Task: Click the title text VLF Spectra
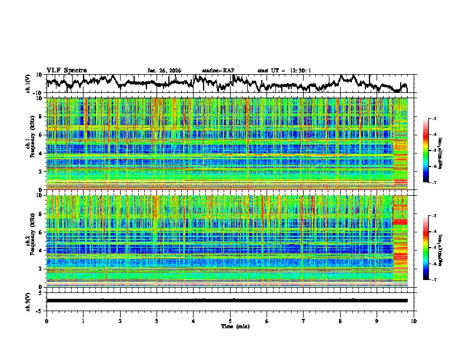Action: click(x=66, y=70)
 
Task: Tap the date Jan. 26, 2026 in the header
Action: click(x=164, y=71)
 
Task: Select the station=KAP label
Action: click(x=218, y=71)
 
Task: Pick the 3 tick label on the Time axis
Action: click(x=157, y=321)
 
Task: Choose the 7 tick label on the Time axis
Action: click(x=304, y=321)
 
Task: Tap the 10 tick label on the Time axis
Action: click(x=414, y=321)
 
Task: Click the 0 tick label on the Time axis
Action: click(x=46, y=321)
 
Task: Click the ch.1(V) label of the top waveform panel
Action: click(x=28, y=84)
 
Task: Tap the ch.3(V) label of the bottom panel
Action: click(x=28, y=301)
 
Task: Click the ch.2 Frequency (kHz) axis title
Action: click(x=30, y=241)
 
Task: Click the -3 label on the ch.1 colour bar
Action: click(x=434, y=119)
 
